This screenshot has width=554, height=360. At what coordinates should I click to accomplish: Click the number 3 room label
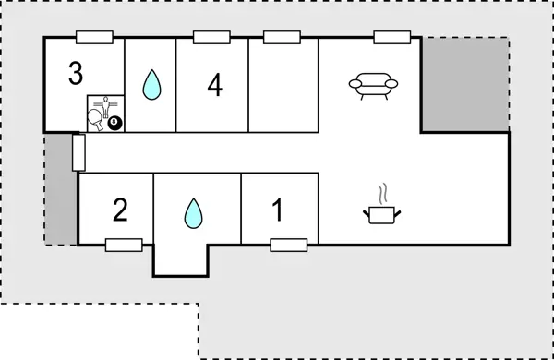(76, 73)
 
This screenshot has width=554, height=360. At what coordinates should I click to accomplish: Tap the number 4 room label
(214, 85)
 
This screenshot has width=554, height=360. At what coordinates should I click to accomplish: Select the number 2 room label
(119, 210)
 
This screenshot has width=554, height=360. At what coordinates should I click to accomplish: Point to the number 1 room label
(278, 210)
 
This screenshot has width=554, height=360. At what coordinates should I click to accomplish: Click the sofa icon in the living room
(374, 85)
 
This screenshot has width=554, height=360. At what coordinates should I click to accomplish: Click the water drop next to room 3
(151, 86)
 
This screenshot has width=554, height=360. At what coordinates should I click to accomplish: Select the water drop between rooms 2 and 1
(192, 213)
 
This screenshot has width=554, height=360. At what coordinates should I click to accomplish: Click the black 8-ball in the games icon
(114, 123)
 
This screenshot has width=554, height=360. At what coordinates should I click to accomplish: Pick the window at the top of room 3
(95, 37)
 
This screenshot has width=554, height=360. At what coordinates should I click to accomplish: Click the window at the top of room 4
(211, 37)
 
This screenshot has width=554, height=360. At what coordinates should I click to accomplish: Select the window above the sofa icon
(391, 37)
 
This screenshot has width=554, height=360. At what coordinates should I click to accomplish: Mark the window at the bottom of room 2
(123, 245)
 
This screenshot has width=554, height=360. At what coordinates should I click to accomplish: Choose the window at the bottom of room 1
(288, 245)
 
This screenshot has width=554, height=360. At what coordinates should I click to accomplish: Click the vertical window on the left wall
(78, 152)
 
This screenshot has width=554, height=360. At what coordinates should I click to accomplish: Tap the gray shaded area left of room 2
(61, 189)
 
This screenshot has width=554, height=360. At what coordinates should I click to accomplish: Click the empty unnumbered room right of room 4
(283, 85)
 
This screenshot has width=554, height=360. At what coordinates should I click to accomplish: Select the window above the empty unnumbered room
(282, 37)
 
